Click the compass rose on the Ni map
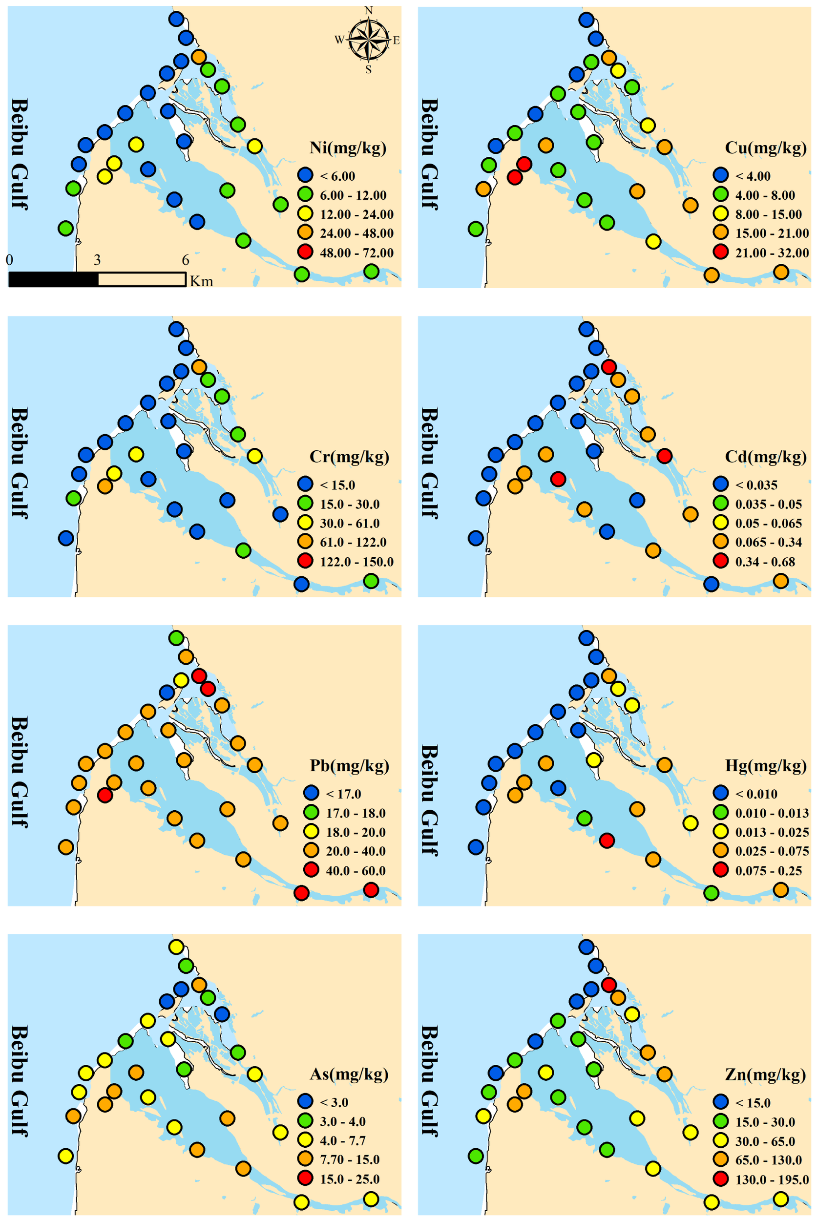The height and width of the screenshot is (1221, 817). pos(368,40)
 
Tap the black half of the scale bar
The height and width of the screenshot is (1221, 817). pos(54,279)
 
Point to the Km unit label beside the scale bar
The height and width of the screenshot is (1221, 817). pos(202,281)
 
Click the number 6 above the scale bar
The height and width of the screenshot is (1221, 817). pos(186,260)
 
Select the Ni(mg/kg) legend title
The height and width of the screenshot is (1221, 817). pos(348,148)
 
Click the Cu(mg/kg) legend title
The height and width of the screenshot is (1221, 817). pos(765,148)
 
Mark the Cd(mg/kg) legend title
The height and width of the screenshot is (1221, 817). pos(765,457)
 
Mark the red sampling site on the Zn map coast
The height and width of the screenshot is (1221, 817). pos(608,985)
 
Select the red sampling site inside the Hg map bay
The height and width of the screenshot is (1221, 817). pos(607,840)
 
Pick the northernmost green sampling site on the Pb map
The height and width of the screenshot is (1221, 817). pos(176,637)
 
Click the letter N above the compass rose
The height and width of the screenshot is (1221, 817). pos(368,10)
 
